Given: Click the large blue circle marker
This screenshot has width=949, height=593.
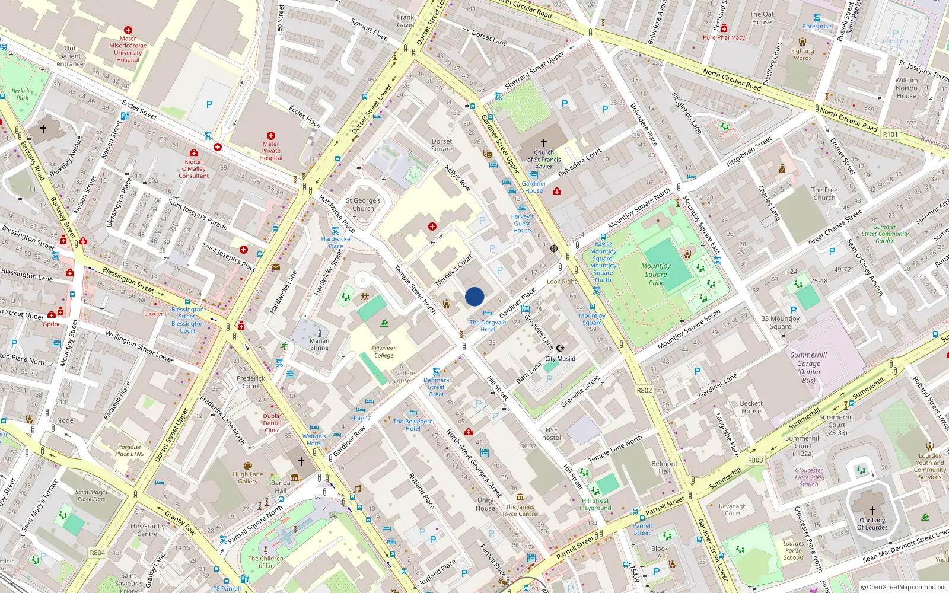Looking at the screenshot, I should coord(474,296).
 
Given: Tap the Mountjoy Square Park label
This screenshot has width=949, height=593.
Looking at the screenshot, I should coord(656,275).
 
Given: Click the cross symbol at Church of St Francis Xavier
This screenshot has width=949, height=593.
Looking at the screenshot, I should coord(543,143).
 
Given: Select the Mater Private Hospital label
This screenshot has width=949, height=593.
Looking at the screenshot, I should coord(270,151).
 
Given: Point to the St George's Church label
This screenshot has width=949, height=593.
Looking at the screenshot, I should coord(363,205).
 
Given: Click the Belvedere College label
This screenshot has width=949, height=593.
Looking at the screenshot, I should coord(384,352).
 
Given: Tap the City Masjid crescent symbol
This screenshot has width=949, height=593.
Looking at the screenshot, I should coord(560,348).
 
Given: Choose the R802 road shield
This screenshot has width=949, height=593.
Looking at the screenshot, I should coord(644,390).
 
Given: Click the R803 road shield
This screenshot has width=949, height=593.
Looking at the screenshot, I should coord(755,460).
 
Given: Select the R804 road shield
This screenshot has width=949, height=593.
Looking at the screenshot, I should coord(97,553).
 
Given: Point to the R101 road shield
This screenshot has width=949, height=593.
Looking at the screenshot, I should coord(890,135).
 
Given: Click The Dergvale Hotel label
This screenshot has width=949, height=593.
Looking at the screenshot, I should coord(488,326).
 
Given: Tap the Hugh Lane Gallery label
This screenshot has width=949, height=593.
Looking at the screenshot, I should coord(248,477).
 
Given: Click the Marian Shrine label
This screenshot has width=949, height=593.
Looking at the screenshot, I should coord(319,344).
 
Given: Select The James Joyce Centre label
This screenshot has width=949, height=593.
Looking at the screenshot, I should coord(520,510).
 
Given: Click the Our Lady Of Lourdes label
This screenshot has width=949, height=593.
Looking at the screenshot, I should coord(872,524).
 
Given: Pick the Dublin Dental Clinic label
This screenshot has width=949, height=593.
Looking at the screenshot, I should coord(272,423).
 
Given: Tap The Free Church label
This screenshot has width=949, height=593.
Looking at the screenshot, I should coord(824,194).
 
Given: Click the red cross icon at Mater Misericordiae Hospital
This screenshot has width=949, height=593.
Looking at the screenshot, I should coord(128,30).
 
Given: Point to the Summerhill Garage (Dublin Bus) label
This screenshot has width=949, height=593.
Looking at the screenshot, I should coord(808,368).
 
